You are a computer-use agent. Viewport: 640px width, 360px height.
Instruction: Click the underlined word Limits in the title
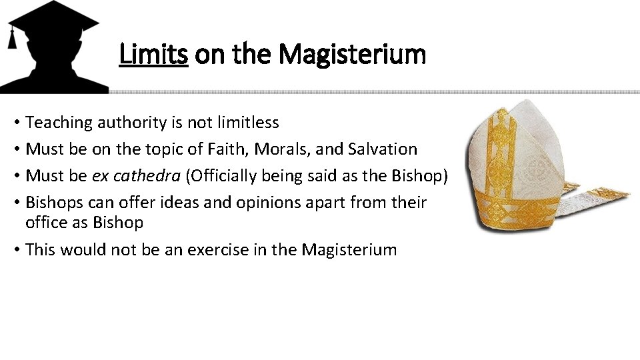(x=153, y=54)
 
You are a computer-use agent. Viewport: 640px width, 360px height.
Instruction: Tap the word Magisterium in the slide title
(x=352, y=54)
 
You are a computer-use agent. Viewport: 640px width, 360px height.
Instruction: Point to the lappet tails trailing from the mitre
(x=597, y=197)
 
